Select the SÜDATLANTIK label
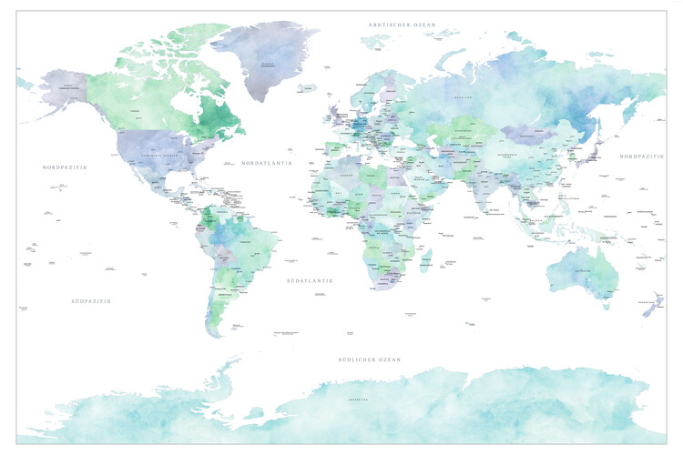pyautogui.click(x=310, y=281)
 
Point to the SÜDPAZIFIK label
pyautogui.click(x=90, y=300)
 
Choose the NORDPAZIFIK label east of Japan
pyautogui.click(x=643, y=157)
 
